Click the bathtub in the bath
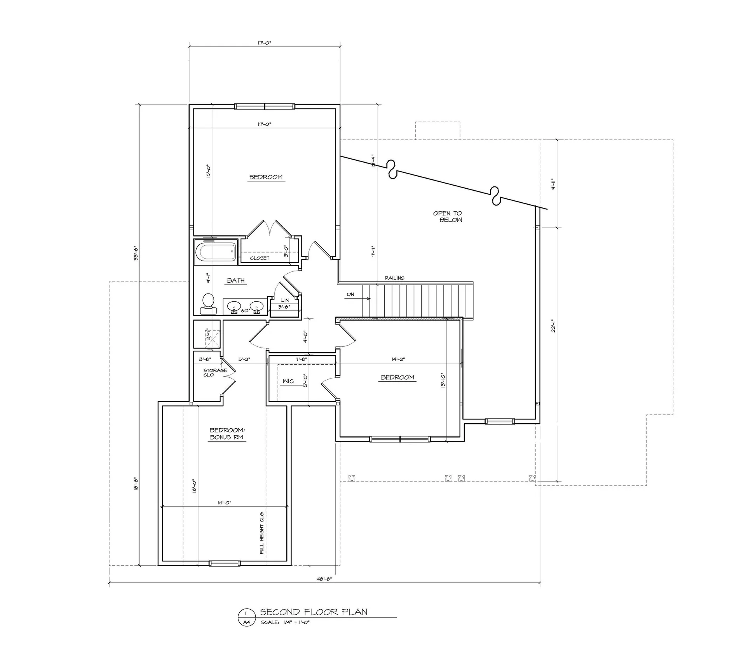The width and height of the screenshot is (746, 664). pos(216,252)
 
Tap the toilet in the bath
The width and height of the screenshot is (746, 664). pos(208,303)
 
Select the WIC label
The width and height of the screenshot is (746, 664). pos(288,381)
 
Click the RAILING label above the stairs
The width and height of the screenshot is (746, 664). pos(394,278)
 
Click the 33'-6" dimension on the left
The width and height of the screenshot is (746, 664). pos(136,253)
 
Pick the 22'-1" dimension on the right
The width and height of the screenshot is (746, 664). pos(553,325)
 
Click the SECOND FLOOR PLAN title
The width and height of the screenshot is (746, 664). pos(314,623)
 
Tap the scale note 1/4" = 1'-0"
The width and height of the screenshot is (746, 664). pos(285,633)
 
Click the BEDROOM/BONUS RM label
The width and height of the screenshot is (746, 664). pos(227,433)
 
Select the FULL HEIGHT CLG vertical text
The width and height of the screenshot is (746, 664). pos(262,533)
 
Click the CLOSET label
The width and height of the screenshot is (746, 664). pos(260,258)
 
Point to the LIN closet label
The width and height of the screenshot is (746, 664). pos(285,300)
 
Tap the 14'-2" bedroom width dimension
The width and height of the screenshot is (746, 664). pos(398,359)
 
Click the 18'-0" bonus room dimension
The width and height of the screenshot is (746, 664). pos(194,485)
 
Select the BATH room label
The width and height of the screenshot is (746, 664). pos(236,280)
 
